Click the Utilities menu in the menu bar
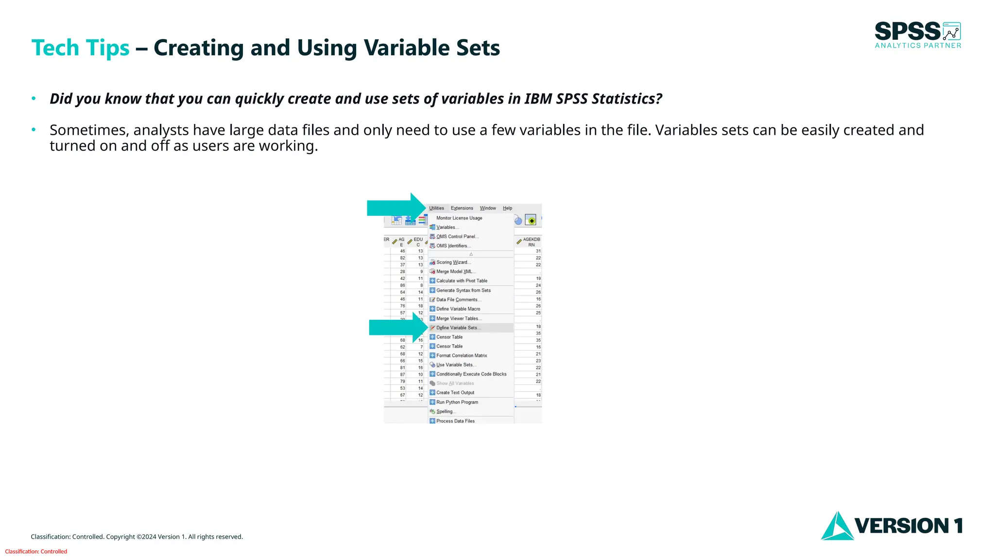(x=436, y=208)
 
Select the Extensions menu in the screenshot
(x=462, y=208)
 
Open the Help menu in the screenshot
(x=507, y=208)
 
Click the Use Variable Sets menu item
(x=456, y=365)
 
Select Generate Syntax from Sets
(x=463, y=290)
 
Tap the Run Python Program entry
(x=457, y=402)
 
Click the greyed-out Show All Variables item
(x=455, y=383)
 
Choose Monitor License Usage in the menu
(x=459, y=218)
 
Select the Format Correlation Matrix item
(x=462, y=355)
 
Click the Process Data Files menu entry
(x=455, y=421)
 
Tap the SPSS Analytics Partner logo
(x=918, y=35)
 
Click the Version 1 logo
(x=892, y=525)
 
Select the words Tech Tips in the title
(x=81, y=48)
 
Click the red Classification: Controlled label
(x=36, y=551)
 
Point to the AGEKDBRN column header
(x=531, y=242)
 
